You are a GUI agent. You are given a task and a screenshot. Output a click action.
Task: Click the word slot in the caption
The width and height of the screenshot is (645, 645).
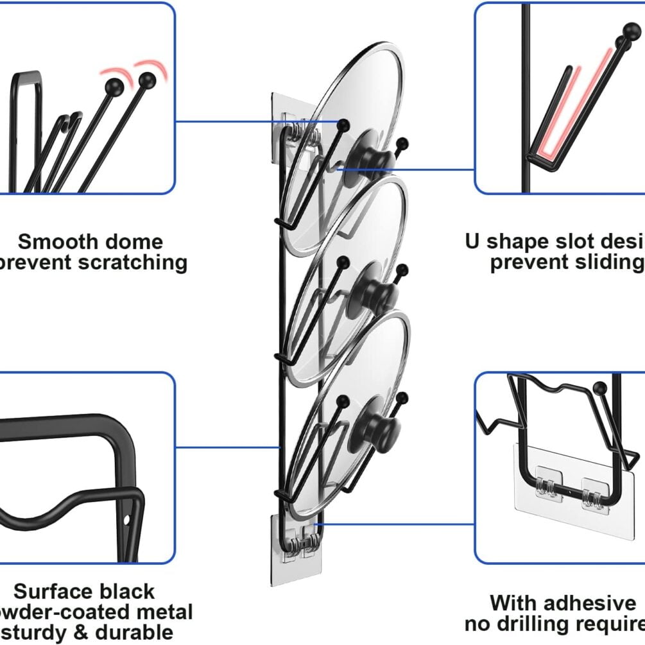[580, 242]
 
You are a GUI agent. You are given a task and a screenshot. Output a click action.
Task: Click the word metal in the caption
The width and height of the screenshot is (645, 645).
[161, 612]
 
